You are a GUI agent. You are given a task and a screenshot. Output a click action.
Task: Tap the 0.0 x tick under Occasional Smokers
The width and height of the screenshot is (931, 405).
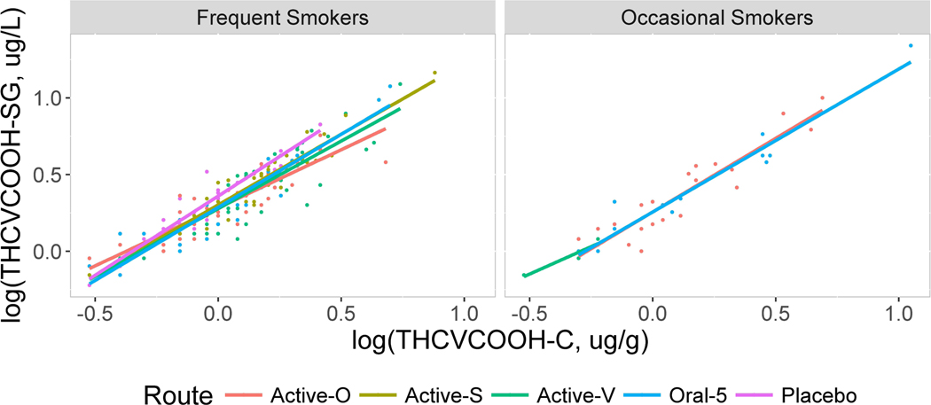coord(653,313)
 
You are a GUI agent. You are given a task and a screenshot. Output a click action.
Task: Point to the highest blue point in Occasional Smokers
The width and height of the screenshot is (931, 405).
coord(910,45)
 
